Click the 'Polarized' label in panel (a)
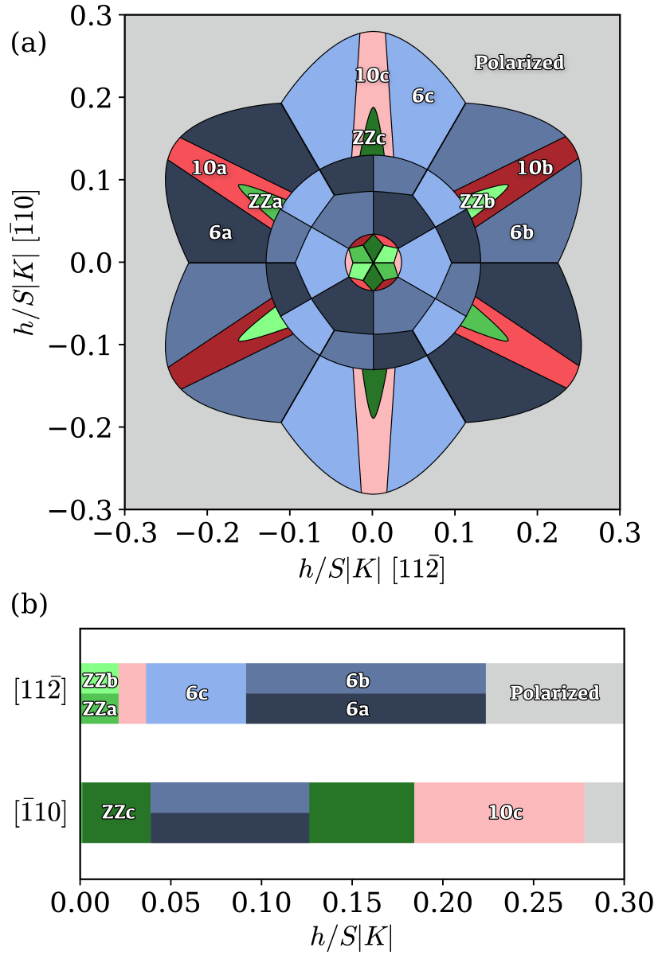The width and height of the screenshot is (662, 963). point(519,62)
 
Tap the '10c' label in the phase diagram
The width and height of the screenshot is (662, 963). point(372,76)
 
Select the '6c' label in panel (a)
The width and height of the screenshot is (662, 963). point(423,96)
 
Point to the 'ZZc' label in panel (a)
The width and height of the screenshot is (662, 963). point(369,138)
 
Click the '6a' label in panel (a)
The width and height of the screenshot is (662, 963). point(221,232)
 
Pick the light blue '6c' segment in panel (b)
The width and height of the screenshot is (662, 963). point(196,693)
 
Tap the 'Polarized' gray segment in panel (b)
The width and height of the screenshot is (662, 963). point(554,693)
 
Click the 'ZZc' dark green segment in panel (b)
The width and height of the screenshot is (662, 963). point(116,813)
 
